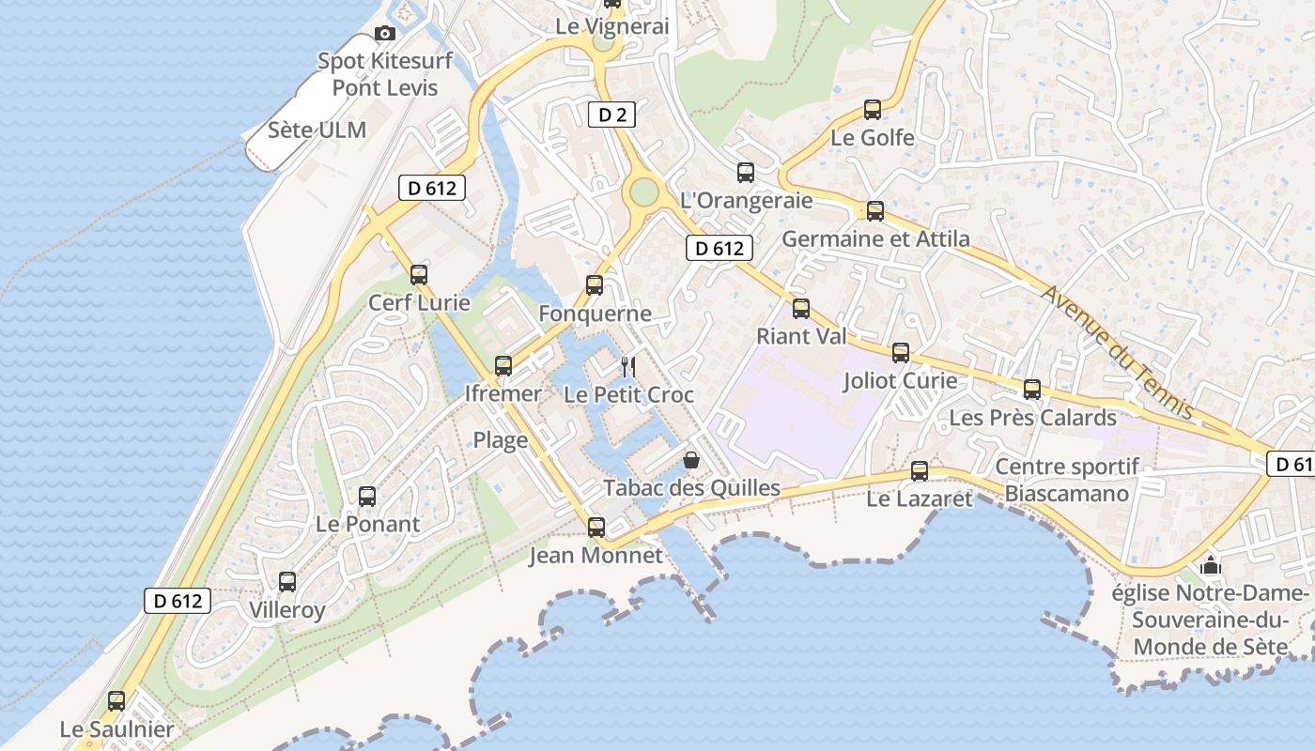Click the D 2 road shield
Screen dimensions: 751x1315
(611, 115)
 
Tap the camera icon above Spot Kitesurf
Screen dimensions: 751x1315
(385, 34)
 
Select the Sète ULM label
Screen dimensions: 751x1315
(317, 130)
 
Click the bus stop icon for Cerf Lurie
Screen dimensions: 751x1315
(419, 275)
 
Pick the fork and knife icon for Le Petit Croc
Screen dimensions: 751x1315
(629, 367)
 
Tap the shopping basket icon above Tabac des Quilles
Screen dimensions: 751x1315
(691, 460)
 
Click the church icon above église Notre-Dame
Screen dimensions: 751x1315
(1211, 565)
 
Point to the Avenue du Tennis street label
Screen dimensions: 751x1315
(1117, 352)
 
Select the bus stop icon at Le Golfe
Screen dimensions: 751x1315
(873, 110)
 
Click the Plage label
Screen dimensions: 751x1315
(501, 440)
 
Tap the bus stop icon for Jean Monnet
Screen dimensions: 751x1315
(596, 528)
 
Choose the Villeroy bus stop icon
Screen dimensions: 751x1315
(287, 582)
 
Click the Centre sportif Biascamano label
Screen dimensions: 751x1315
(1067, 480)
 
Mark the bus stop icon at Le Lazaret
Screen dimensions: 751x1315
(920, 471)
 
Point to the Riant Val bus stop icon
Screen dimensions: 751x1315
(801, 309)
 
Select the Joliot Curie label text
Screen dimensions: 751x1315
(900, 381)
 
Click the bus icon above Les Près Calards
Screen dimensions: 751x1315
(1032, 390)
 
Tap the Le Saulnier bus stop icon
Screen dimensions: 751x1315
(116, 701)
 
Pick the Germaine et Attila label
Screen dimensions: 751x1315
(875, 238)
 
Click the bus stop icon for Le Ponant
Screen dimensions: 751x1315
(367, 497)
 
